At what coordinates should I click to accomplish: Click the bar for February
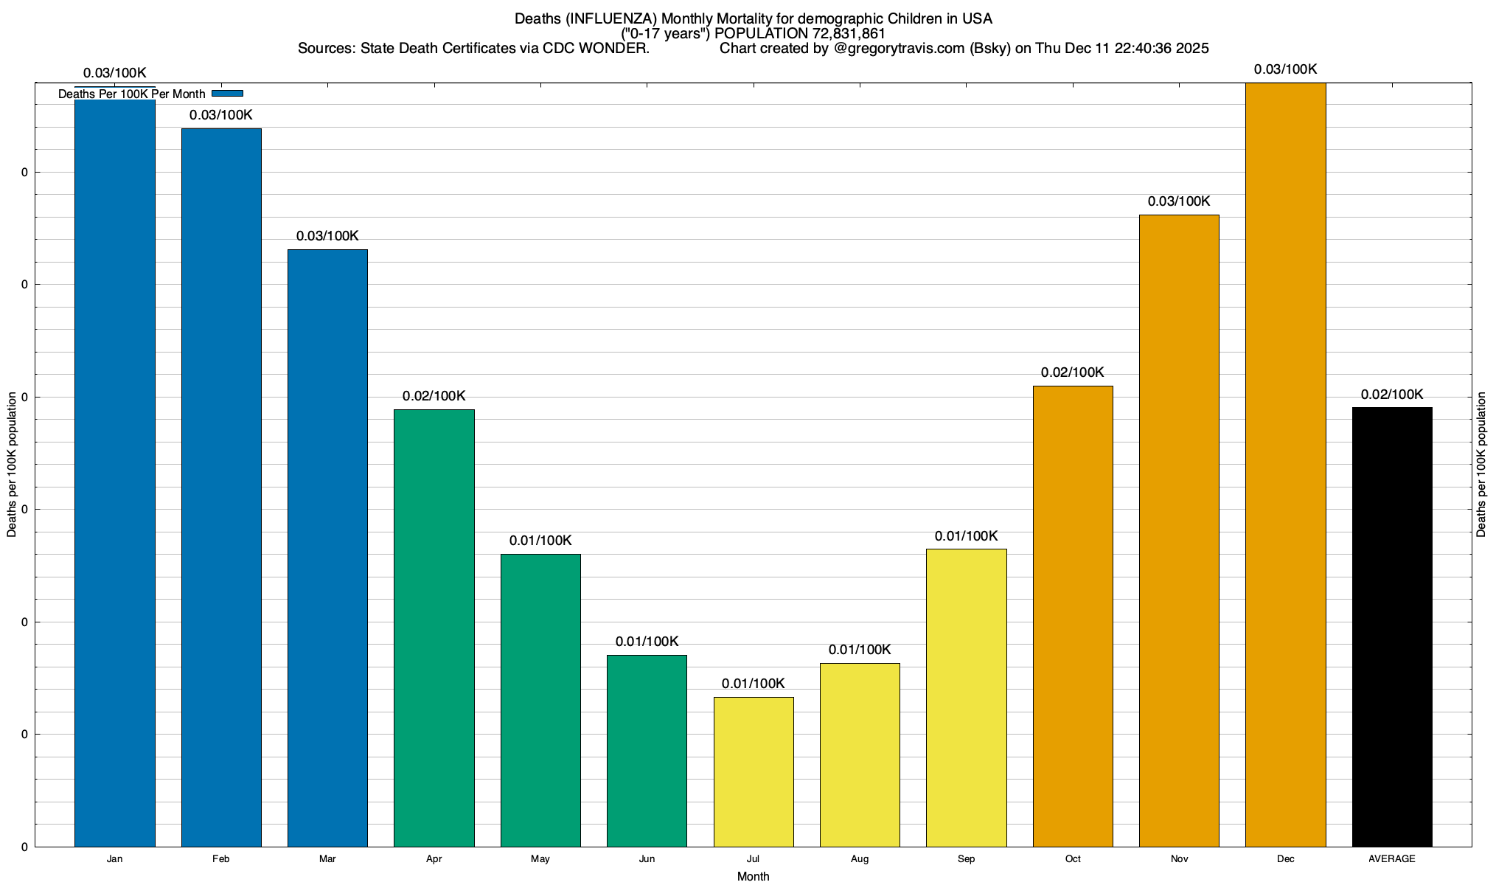tap(221, 487)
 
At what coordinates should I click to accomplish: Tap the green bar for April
tap(434, 627)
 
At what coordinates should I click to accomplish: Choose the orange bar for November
tap(1179, 531)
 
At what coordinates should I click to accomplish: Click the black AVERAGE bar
tap(1392, 627)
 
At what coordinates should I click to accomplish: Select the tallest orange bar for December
tap(1285, 465)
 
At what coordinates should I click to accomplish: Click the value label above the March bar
tap(327, 236)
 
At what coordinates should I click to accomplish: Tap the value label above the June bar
tap(647, 642)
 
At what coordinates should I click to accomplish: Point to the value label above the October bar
tap(1072, 372)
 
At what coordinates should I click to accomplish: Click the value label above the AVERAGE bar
tap(1392, 395)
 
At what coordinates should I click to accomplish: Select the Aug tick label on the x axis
tap(860, 859)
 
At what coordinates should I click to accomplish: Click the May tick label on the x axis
tap(540, 859)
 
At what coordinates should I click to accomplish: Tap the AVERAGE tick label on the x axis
tap(1392, 859)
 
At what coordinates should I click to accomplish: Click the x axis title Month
tap(753, 876)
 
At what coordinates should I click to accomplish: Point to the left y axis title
tap(12, 465)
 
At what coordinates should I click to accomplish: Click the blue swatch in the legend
tap(227, 94)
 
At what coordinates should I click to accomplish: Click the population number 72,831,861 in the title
tap(849, 34)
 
